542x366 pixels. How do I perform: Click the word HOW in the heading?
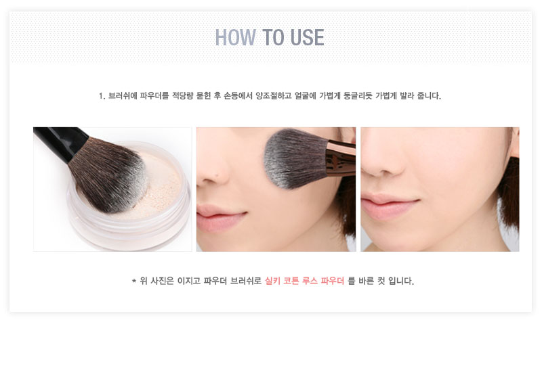pyautogui.click(x=235, y=37)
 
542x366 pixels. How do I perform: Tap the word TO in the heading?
pyautogui.click(x=274, y=37)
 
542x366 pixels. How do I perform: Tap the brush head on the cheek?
pyautogui.click(x=294, y=159)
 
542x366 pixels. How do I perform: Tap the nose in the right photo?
pyautogui.click(x=380, y=160)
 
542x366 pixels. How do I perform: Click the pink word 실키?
pyautogui.click(x=272, y=281)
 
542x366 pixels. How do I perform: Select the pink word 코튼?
pyautogui.click(x=291, y=281)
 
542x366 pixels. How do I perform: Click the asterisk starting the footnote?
pyautogui.click(x=133, y=281)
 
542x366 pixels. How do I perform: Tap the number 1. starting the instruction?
pyautogui.click(x=102, y=96)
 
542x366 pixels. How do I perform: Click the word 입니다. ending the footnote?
pyautogui.click(x=401, y=281)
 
